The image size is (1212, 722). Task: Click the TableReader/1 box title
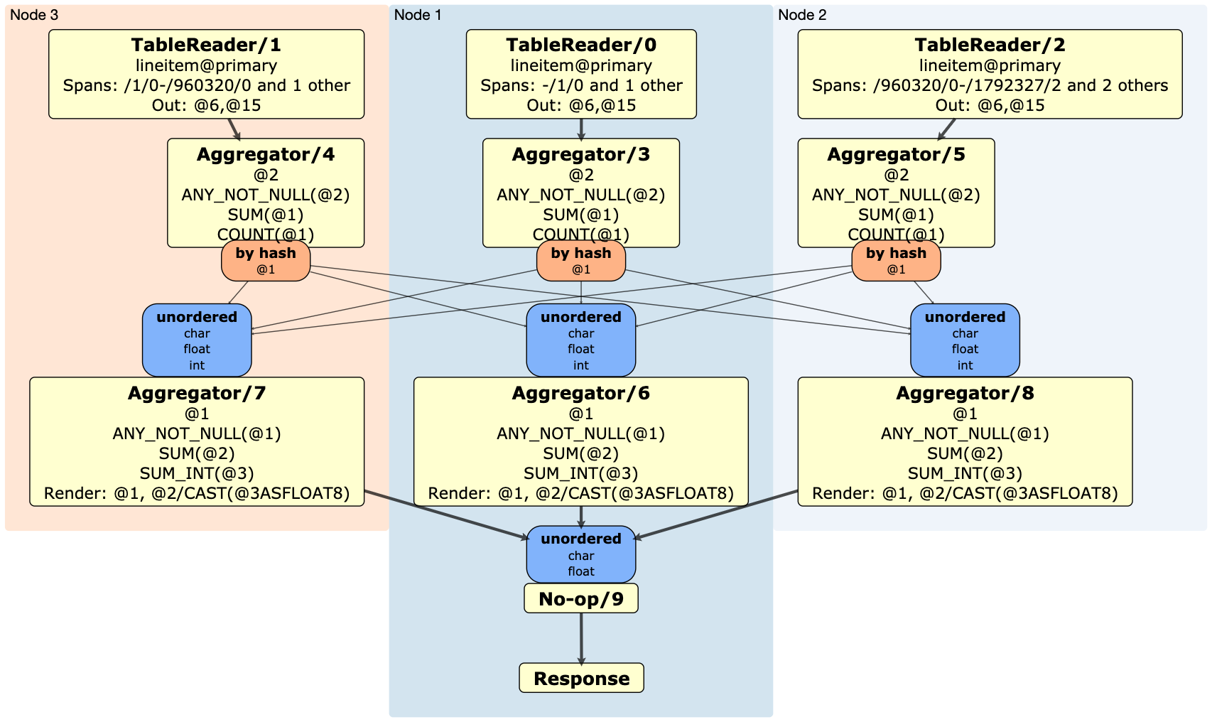pyautogui.click(x=206, y=45)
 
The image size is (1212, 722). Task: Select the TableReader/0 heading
pyautogui.click(x=581, y=45)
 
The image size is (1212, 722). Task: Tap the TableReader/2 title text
pyautogui.click(x=990, y=45)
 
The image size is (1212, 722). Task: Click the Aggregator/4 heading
pyautogui.click(x=266, y=155)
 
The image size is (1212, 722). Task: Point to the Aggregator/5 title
pyautogui.click(x=896, y=155)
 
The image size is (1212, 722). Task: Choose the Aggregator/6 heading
pyautogui.click(x=581, y=394)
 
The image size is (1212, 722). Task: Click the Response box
pyautogui.click(x=581, y=679)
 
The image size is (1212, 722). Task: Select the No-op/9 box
pyautogui.click(x=581, y=599)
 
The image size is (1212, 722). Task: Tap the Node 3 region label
pyautogui.click(x=34, y=15)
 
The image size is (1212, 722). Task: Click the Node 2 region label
pyautogui.click(x=802, y=15)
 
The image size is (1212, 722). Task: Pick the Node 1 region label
pyautogui.click(x=418, y=15)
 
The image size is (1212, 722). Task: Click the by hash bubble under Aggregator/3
pyautogui.click(x=581, y=261)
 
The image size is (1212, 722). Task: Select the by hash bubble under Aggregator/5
pyautogui.click(x=896, y=261)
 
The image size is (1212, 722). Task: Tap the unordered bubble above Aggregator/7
pyautogui.click(x=197, y=340)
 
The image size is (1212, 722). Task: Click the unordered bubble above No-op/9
pyautogui.click(x=581, y=554)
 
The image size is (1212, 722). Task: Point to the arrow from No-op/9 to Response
pyautogui.click(x=581, y=638)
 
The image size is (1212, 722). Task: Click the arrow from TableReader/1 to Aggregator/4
pyautogui.click(x=234, y=129)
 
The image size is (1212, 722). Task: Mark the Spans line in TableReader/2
pyautogui.click(x=990, y=86)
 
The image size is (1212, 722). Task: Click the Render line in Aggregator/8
pyautogui.click(x=965, y=494)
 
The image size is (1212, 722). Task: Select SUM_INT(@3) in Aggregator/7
pyautogui.click(x=197, y=474)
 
